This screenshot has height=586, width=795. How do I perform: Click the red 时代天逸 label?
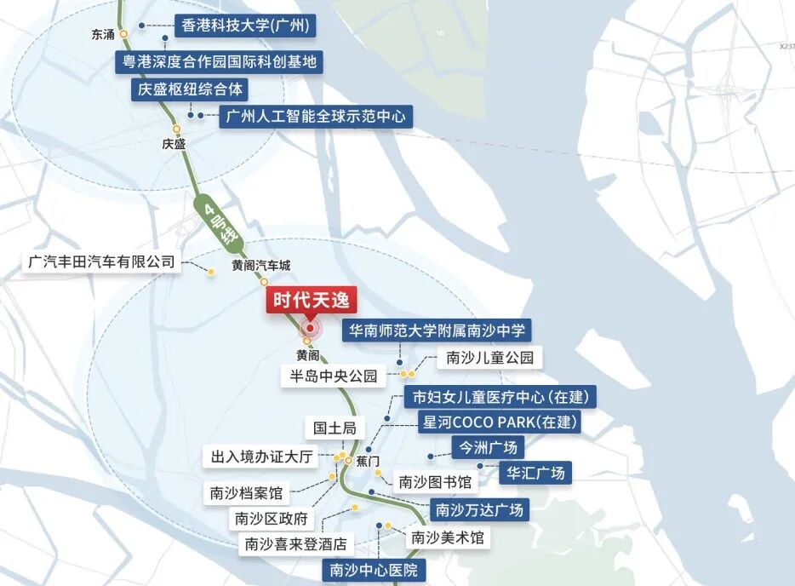[x=310, y=301]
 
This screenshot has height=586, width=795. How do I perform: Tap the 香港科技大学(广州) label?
[x=245, y=26]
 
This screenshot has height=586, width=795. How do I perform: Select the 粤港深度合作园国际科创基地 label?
[x=219, y=61]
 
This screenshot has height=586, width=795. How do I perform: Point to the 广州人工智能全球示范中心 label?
[x=316, y=116]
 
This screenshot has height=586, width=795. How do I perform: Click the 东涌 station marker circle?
[x=124, y=34]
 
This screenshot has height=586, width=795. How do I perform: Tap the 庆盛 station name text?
[x=174, y=144]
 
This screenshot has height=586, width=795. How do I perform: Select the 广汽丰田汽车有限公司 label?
[x=101, y=261]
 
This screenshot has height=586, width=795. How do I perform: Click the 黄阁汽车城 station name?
[x=261, y=266]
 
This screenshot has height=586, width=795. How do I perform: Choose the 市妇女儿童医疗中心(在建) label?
[x=500, y=397]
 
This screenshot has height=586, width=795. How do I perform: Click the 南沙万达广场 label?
[x=478, y=510]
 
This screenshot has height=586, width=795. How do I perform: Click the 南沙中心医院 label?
[x=373, y=571]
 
